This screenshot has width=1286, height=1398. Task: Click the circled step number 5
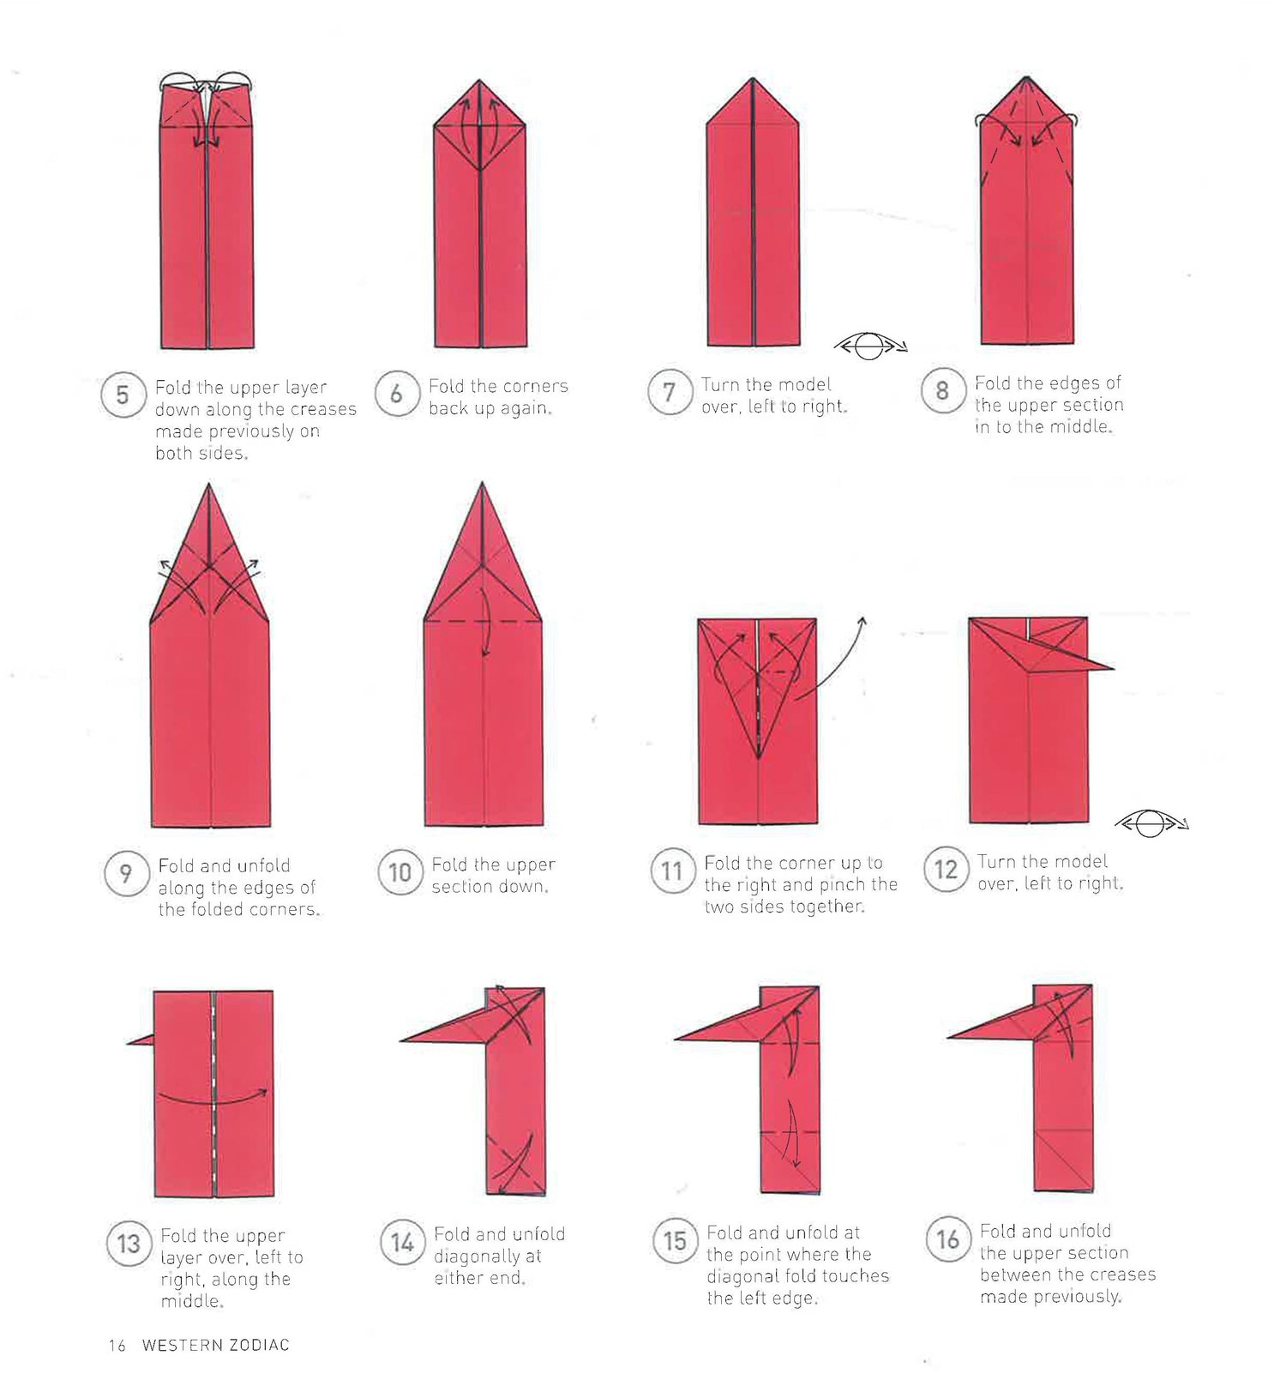(123, 395)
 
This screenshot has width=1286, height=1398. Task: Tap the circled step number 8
(942, 391)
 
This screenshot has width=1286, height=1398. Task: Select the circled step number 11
(671, 871)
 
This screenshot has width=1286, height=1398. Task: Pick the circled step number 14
(402, 1242)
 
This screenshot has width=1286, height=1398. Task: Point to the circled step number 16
(947, 1238)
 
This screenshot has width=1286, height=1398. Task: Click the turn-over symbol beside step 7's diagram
(870, 346)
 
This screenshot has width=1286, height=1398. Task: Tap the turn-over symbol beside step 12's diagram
(1151, 824)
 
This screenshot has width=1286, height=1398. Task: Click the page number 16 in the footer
(117, 1346)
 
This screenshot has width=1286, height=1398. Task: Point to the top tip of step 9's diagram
(209, 484)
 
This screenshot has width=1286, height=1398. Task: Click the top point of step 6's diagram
(480, 81)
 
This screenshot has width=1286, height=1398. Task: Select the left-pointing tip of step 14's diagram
(401, 1040)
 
